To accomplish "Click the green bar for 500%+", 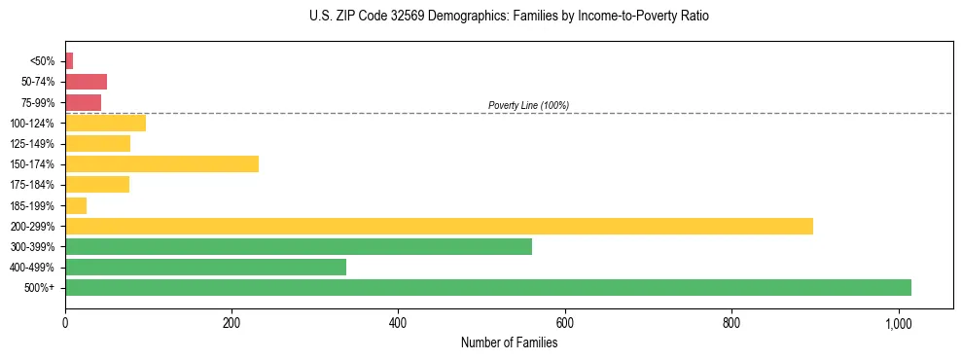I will point(487,288).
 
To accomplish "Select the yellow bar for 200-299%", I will point(439,226).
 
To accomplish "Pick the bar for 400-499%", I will point(205,268).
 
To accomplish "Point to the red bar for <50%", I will point(69,61).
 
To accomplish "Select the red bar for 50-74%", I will point(86,82).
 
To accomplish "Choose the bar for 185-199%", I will point(76,205).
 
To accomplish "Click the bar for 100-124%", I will point(105,123).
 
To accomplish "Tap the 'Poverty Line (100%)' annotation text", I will point(528,105).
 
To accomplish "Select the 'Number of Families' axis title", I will point(509,342).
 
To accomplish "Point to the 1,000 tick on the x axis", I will point(898,323).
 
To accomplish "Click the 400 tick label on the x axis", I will point(398,323).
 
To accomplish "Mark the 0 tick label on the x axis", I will point(65,323).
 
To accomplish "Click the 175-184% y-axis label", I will point(35,185).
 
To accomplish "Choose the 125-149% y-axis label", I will point(35,144).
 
